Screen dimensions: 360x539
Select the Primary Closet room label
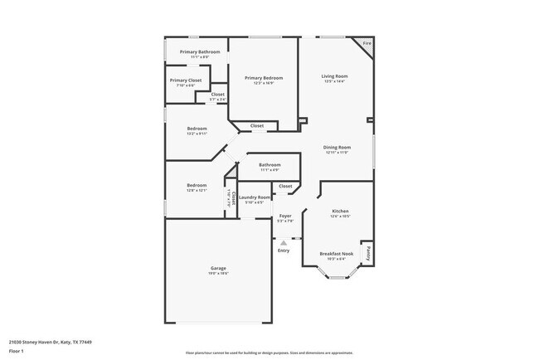coord(186,80)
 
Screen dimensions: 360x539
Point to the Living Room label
coord(334,76)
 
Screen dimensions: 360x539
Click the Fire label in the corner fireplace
coord(367,42)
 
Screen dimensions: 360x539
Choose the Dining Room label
coord(337,148)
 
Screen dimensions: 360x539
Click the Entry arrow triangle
coord(284,241)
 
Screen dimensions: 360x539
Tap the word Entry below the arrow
coord(284,251)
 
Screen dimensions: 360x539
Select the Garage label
coord(218,268)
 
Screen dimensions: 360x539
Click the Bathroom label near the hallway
coord(269,164)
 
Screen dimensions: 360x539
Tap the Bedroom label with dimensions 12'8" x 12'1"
coord(197,185)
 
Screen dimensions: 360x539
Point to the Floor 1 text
coord(17,352)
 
